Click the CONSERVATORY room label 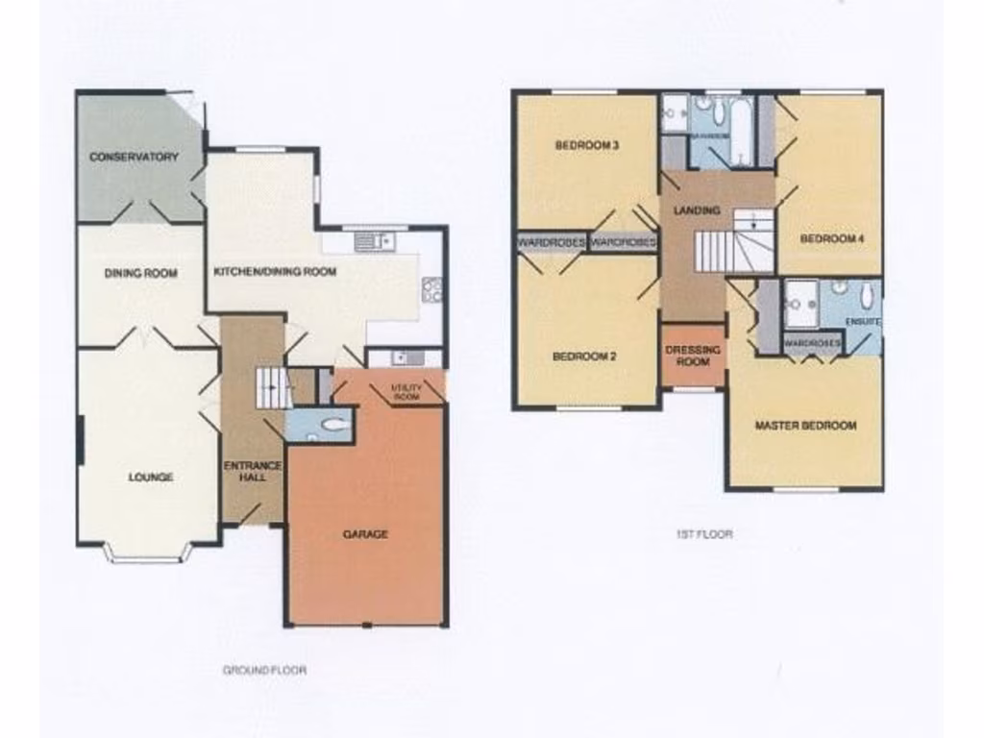135,157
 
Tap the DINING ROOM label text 141,273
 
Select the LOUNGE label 151,477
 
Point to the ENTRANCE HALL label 253,472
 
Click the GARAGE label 365,534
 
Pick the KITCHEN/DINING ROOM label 275,272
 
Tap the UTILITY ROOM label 406,391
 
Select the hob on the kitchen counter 431,289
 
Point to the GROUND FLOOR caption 265,670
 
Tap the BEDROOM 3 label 586,146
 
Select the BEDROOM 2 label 584,357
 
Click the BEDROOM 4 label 827,238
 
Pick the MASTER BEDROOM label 805,425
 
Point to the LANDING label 698,209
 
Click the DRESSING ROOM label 693,356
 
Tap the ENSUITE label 862,321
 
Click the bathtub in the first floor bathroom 743,132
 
